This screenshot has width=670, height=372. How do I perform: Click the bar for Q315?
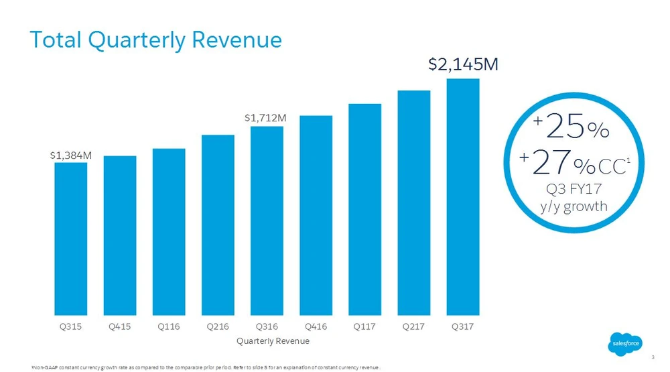[70, 239]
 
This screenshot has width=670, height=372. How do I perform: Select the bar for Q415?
[120, 235]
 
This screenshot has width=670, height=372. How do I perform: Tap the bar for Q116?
[169, 231]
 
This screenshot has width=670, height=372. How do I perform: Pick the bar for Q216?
[218, 225]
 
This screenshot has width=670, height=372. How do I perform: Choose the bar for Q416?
[316, 215]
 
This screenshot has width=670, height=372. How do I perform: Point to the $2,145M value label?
[462, 65]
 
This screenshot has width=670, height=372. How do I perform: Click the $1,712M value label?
[266, 118]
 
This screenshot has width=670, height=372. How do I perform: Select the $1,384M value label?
[70, 155]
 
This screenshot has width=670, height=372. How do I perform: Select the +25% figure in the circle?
[572, 127]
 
